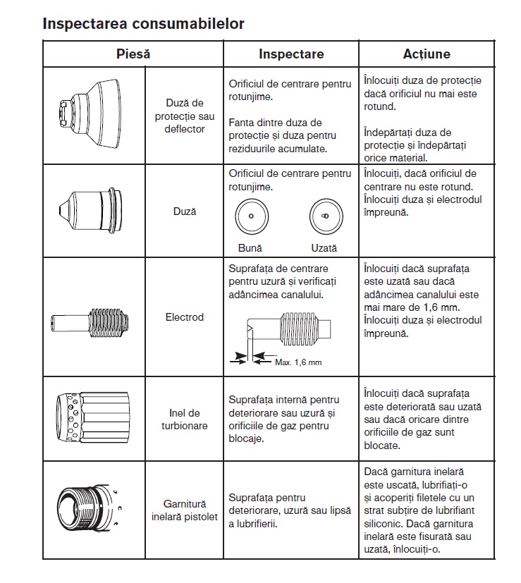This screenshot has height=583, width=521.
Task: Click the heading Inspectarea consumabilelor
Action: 143,23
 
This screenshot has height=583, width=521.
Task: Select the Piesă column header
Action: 133,54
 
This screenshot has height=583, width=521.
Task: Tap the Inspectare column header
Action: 291,54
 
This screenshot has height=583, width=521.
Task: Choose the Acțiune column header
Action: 427,54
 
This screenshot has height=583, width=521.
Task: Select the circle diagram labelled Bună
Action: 250,216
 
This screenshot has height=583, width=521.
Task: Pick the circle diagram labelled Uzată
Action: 324,216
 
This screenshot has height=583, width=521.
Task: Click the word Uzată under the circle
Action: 324,248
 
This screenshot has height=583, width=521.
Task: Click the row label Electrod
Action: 184,317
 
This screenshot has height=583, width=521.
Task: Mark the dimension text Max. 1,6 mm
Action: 298,362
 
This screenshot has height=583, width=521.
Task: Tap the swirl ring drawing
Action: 90,419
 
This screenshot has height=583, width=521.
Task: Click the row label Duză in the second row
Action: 185,211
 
